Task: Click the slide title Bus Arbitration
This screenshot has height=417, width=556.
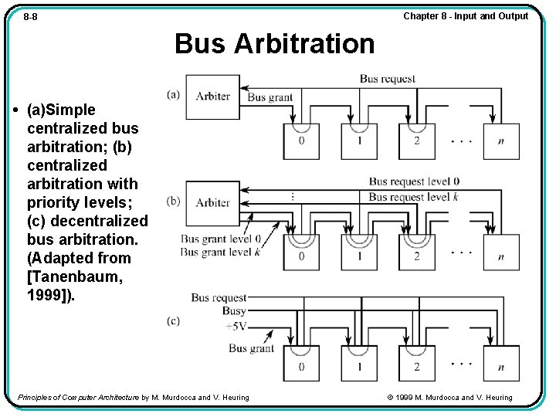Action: click(274, 44)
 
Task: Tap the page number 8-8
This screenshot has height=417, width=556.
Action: click(31, 17)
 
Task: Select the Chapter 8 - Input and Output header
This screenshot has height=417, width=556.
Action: click(466, 16)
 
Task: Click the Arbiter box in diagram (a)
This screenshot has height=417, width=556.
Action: click(212, 97)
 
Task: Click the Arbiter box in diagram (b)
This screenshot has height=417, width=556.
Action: click(212, 202)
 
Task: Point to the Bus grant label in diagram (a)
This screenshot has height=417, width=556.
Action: click(270, 97)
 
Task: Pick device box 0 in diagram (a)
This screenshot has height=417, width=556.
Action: click(301, 141)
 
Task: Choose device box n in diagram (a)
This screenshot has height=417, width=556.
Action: click(501, 141)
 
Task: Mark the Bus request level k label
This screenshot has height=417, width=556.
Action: click(414, 197)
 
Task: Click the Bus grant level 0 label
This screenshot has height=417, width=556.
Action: click(221, 239)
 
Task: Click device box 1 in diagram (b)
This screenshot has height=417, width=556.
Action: click(359, 253)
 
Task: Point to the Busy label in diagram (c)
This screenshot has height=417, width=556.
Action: click(234, 311)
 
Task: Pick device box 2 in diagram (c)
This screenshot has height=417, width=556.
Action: click(416, 364)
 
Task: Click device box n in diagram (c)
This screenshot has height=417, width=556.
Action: click(501, 364)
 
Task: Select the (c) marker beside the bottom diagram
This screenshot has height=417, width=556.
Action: click(173, 320)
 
